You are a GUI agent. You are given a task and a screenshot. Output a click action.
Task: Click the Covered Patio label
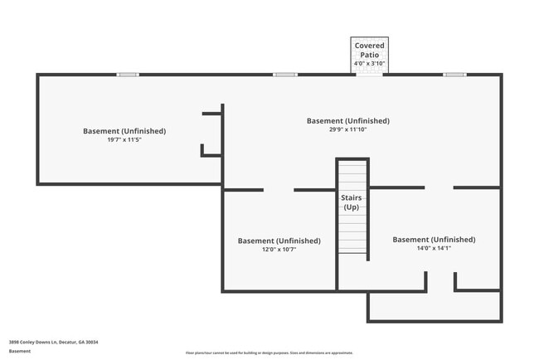pos(369,50)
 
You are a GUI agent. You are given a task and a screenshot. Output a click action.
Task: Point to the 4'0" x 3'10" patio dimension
pos(369,63)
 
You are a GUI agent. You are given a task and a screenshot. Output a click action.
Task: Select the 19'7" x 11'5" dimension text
pos(124,140)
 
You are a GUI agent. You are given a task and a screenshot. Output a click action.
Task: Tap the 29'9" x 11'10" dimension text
pos(347,129)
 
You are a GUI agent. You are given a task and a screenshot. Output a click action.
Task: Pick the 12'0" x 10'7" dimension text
pos(279,250)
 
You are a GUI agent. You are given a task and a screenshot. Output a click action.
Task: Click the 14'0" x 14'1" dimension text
pos(434,248)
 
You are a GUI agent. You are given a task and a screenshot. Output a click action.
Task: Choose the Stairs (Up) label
pos(351,202)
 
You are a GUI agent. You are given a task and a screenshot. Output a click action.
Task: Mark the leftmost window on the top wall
pos(127,75)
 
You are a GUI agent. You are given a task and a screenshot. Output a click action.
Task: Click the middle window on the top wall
pos(285,75)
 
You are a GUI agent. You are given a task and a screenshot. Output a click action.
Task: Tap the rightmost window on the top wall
pos(454,75)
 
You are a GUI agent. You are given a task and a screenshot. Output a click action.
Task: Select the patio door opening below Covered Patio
pos(369,74)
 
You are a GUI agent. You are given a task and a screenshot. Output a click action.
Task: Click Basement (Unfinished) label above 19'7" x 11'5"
pos(124,131)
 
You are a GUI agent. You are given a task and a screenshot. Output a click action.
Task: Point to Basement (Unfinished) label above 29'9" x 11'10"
pos(347,120)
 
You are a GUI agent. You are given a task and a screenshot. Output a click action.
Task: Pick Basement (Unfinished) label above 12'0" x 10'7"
pos(279,241)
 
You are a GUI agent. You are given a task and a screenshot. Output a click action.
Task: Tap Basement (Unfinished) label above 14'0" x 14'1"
pos(434,239)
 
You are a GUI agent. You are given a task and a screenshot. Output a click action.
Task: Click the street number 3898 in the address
pos(14,341)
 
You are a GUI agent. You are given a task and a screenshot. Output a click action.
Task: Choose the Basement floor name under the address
pos(20,351)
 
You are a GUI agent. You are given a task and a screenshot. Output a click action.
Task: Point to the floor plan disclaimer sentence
pos(269,353)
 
